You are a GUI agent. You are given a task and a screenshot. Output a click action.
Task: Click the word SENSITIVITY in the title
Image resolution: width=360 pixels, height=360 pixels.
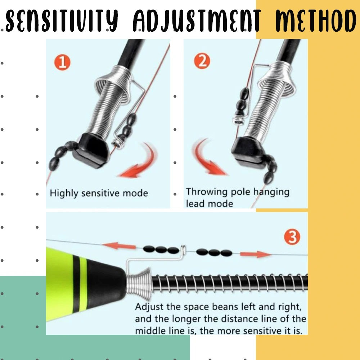(62, 21)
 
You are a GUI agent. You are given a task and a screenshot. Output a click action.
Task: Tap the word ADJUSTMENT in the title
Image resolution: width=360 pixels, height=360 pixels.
(197, 21)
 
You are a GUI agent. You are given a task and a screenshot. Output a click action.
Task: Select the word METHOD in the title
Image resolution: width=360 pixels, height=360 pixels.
(316, 21)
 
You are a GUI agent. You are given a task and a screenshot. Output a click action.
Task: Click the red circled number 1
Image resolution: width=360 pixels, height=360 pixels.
(62, 62)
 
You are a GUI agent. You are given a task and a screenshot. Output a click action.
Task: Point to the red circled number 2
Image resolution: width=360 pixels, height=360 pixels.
(202, 61)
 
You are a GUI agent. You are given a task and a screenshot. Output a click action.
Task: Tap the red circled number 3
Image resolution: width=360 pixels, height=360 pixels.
(292, 237)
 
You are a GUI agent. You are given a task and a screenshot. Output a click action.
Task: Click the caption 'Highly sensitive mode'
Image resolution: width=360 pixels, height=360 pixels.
(99, 193)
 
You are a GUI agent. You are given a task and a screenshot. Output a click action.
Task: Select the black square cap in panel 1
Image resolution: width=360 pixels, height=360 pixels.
(91, 150)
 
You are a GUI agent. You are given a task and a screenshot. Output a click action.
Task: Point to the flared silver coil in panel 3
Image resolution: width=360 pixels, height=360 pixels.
(140, 284)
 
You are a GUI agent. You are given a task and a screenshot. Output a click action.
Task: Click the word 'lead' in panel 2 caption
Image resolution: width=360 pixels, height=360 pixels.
(195, 204)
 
